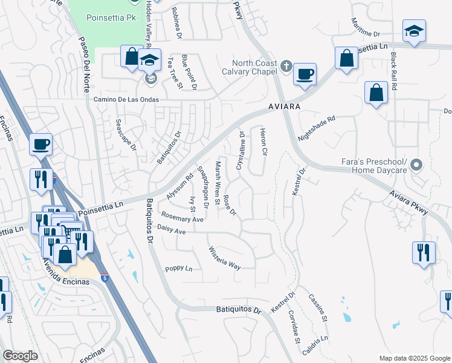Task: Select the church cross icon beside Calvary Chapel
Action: coord(287,65)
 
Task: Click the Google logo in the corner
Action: coord(19,356)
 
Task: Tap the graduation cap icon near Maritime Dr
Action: coord(414,31)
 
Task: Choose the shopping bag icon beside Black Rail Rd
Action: coord(376,94)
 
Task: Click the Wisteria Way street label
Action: coord(224,258)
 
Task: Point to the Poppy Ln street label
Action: coord(178,269)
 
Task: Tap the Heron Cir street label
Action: coord(263,142)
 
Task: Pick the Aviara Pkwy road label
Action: coord(410,204)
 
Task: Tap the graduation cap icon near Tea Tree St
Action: coord(149,60)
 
